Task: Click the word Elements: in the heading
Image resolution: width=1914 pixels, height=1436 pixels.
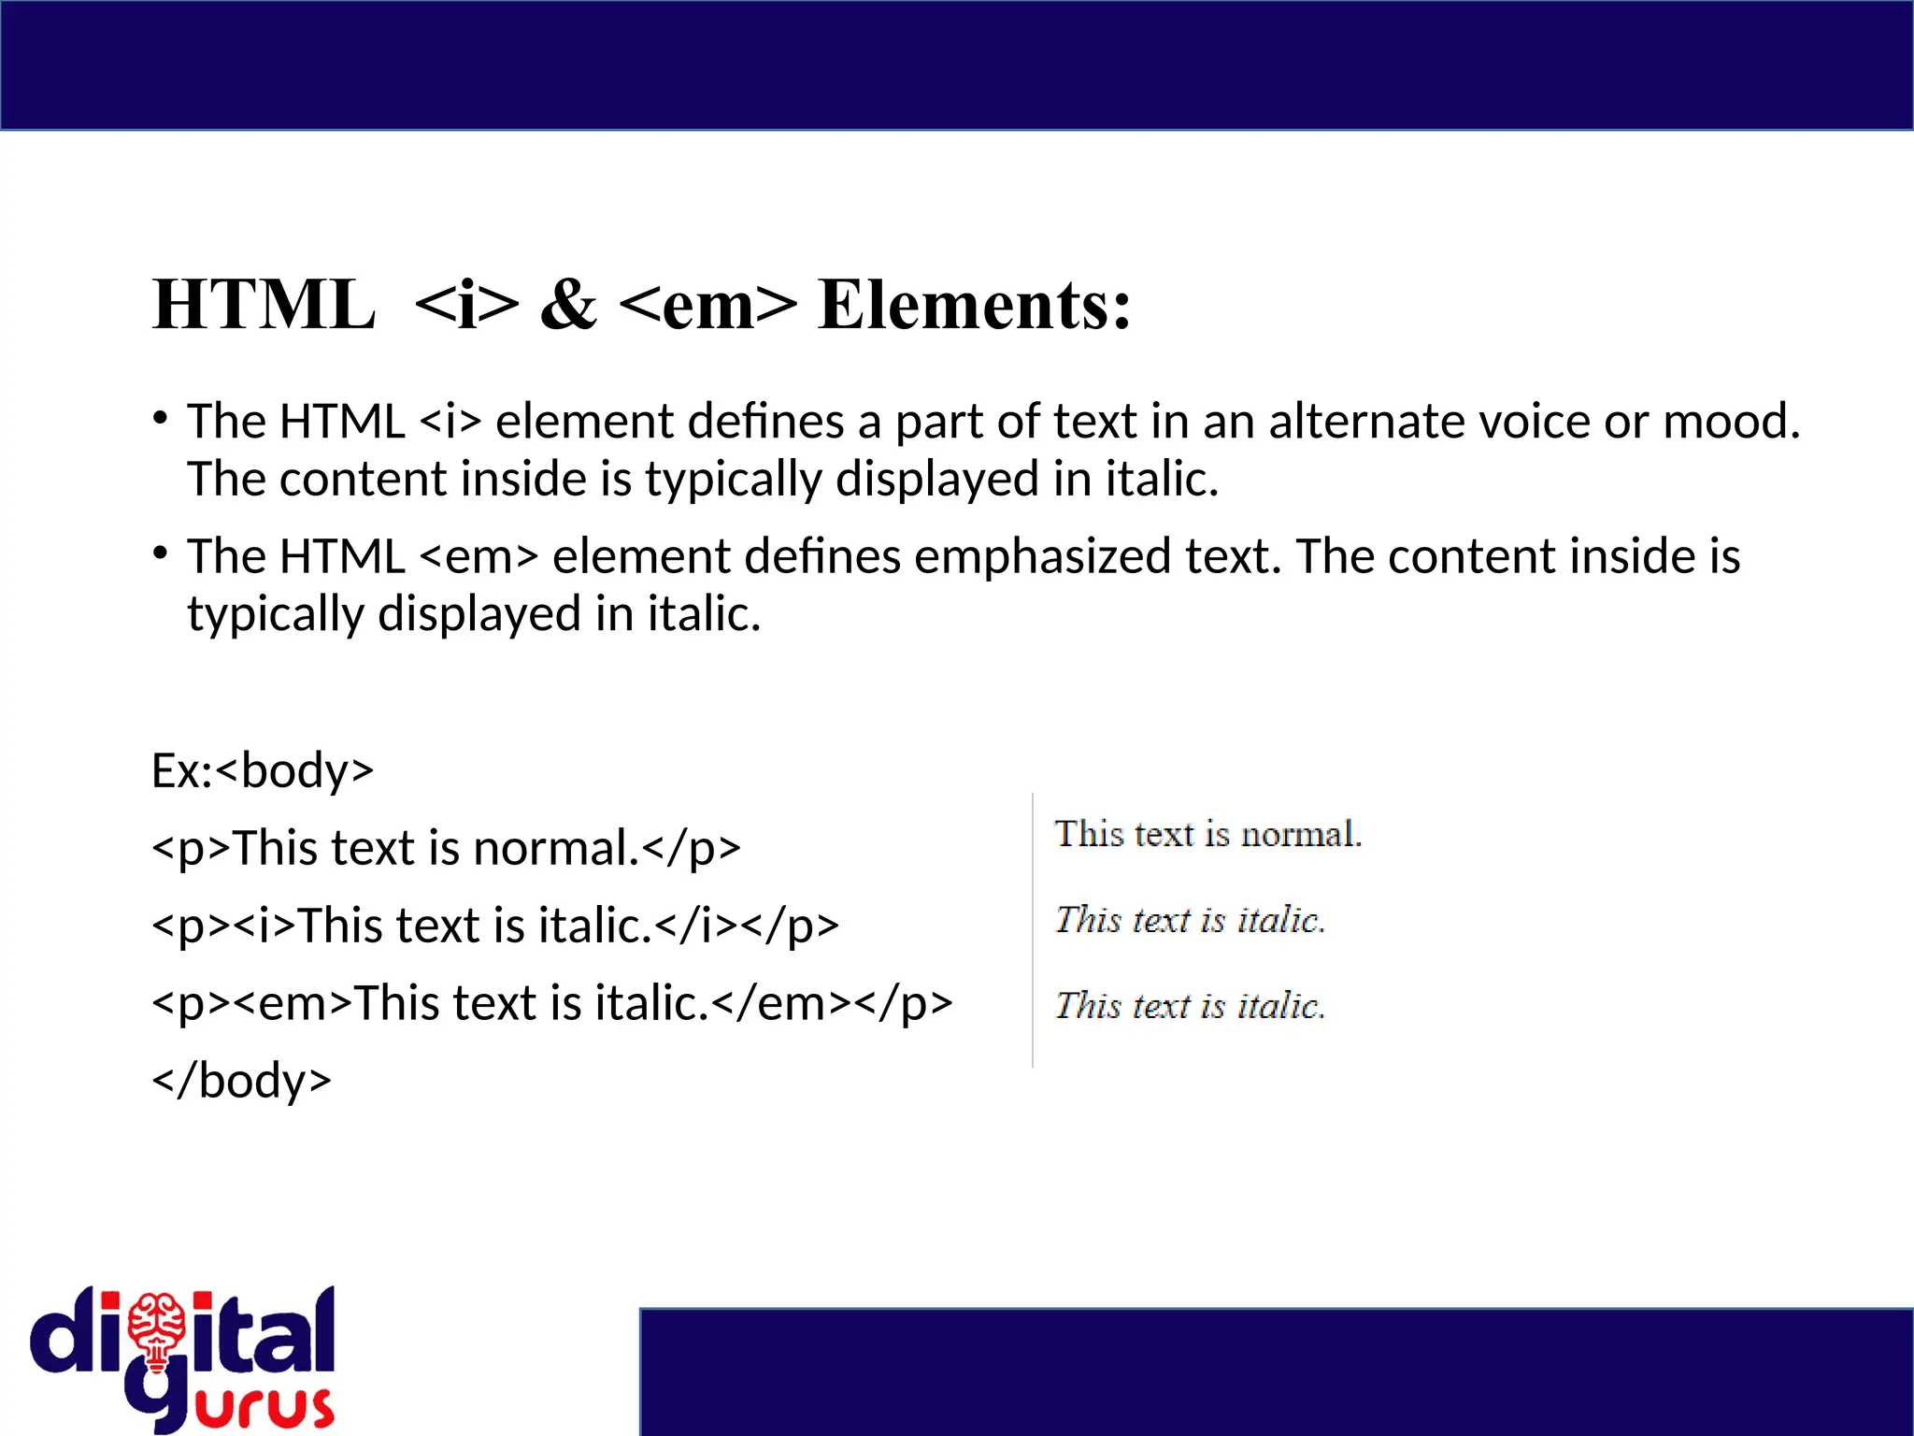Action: click(974, 306)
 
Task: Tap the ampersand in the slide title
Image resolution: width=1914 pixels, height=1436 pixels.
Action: click(568, 306)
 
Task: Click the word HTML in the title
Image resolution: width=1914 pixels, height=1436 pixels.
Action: click(264, 306)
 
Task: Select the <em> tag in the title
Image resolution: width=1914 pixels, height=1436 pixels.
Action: click(707, 306)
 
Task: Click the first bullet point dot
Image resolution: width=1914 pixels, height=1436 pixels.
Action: click(161, 418)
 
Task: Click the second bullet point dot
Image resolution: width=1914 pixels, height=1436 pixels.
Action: click(161, 553)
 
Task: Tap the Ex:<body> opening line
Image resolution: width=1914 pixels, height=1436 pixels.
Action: click(263, 771)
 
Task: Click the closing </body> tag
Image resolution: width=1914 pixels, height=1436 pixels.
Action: click(242, 1081)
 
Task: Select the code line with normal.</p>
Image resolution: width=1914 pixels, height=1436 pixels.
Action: click(446, 849)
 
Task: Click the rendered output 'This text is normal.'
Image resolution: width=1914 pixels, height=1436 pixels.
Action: click(1207, 834)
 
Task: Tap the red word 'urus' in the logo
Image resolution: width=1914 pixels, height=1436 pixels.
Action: click(265, 1408)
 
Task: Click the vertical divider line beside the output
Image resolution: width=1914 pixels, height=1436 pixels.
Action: click(1033, 930)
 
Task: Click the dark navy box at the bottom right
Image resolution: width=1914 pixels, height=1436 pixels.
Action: click(1276, 1371)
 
